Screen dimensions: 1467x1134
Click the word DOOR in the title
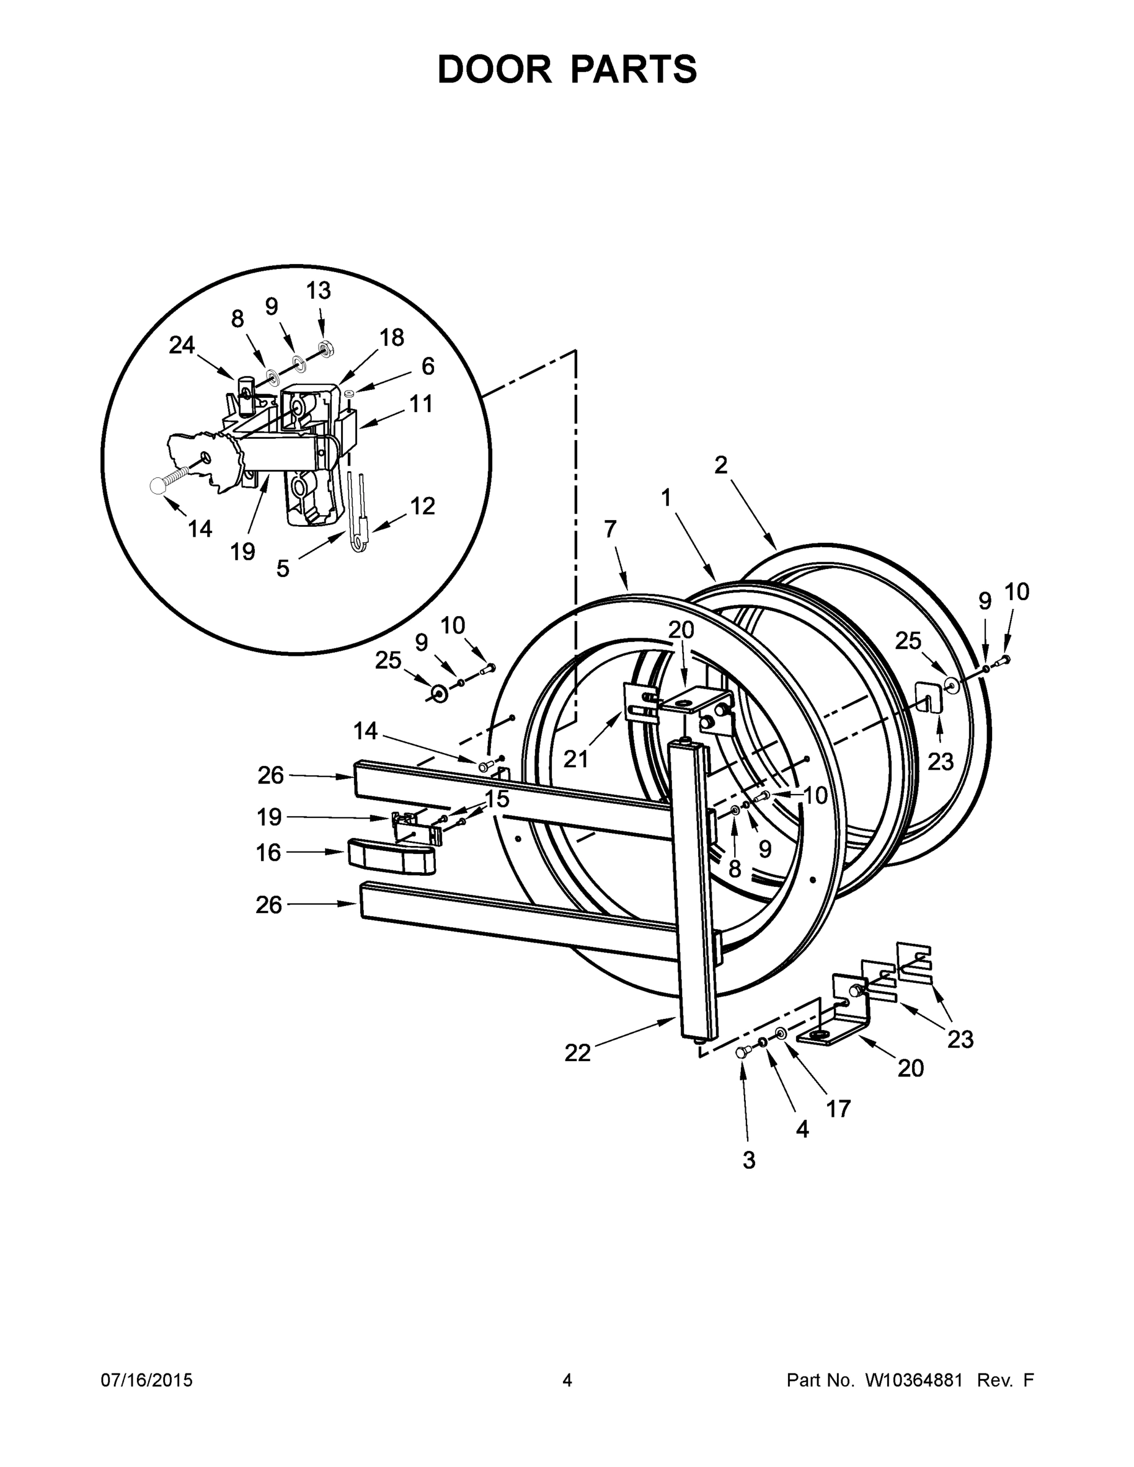click(x=494, y=69)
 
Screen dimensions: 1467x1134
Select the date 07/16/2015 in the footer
click(x=147, y=1380)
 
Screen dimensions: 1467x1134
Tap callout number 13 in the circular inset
click(x=318, y=291)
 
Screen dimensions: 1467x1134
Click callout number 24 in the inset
click(x=182, y=345)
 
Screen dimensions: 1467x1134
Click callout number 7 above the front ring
click(x=609, y=529)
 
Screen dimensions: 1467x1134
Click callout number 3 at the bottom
click(x=749, y=1160)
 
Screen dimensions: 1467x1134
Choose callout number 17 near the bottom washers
click(x=838, y=1108)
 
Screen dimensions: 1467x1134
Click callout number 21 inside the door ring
click(x=575, y=759)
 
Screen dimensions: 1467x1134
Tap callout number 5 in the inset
click(x=283, y=568)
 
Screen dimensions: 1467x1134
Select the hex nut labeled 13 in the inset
click(x=327, y=347)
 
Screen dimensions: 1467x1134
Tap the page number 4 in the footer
click(x=567, y=1380)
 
